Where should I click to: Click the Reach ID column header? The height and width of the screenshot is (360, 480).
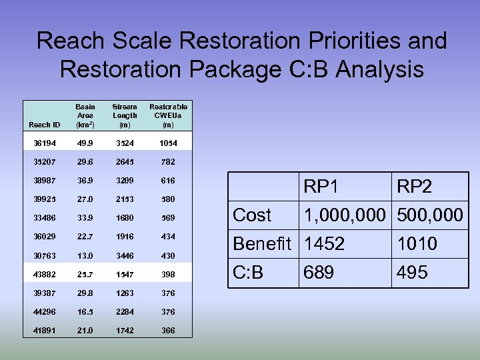click(x=45, y=125)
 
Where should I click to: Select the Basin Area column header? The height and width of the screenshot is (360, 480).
click(x=85, y=115)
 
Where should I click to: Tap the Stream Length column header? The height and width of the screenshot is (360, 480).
click(x=125, y=115)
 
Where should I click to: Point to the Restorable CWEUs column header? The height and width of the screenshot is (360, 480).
click(x=168, y=115)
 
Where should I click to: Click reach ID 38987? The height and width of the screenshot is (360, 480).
click(x=45, y=180)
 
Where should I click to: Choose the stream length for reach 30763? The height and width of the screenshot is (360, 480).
click(x=125, y=255)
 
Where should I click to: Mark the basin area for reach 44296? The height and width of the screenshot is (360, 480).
click(x=85, y=312)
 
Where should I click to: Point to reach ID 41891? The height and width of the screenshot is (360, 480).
click(x=45, y=331)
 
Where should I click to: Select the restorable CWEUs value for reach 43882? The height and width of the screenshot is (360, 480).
click(x=168, y=275)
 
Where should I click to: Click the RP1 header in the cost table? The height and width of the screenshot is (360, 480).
click(x=321, y=187)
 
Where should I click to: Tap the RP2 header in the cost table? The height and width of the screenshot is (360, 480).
click(x=415, y=187)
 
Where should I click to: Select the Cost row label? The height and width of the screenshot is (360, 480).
click(x=252, y=215)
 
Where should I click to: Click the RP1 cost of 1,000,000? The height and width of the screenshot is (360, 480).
click(x=345, y=215)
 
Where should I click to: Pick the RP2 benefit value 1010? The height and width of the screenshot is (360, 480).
click(x=417, y=244)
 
